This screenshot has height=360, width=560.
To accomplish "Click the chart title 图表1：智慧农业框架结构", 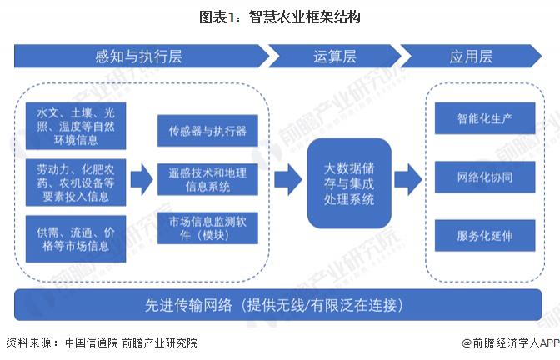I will point(279,16).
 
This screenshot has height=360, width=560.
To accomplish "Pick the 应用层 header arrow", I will point(471,57).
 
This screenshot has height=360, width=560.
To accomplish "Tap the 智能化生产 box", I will point(484,118).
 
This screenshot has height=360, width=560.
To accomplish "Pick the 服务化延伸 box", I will point(484,235).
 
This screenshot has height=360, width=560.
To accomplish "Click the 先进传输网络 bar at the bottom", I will point(279,305).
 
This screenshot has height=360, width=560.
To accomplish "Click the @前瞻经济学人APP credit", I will point(508,342).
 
